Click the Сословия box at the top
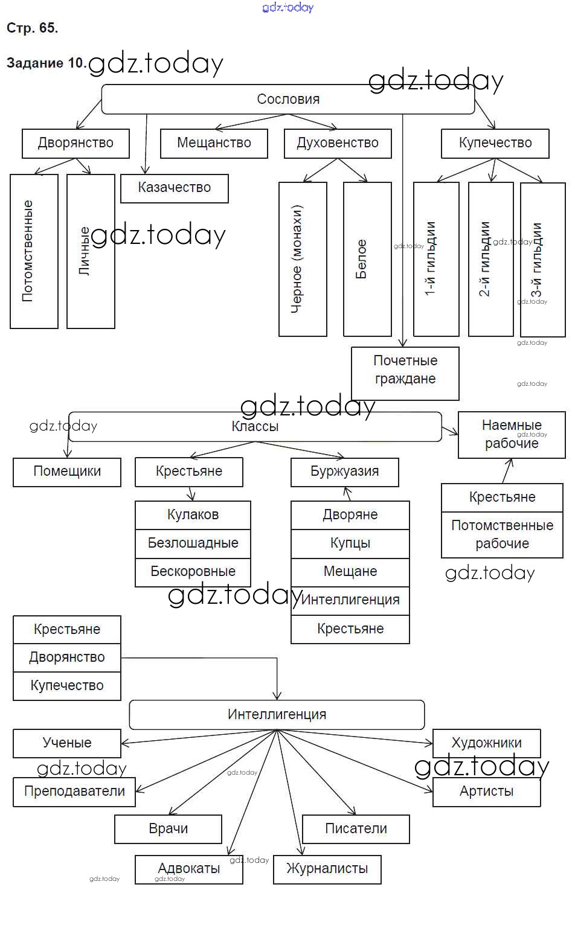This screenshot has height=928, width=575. coord(288,100)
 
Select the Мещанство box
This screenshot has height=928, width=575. coord(214,144)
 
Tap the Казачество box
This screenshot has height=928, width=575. coord(175,188)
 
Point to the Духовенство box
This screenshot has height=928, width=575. coord(338,144)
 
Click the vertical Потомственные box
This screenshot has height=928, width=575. coord(34,251)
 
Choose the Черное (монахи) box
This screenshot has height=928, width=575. coord(303,259)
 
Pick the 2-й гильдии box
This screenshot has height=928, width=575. coord(490,259)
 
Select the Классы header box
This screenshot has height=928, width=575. coord(255,427)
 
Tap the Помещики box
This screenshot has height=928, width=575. coord(67,472)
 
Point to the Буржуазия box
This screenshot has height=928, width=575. coord(344,472)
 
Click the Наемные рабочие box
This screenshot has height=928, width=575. coord(512,434)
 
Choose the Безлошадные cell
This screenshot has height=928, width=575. coord(193,543)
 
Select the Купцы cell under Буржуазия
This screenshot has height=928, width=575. coord(350,543)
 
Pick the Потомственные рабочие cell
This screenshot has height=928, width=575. coord(502,534)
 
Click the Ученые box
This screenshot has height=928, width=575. coord(67,743)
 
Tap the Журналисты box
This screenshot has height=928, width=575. coord(327,869)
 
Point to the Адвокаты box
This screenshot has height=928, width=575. coord(189,869)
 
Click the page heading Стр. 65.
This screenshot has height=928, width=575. coord(32,28)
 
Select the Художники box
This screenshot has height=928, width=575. coord(486,743)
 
